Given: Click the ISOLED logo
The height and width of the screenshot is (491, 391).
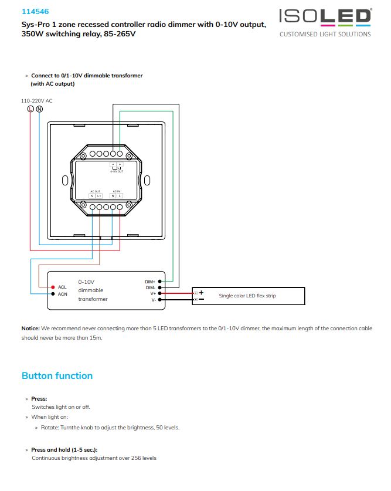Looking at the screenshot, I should click(325, 16).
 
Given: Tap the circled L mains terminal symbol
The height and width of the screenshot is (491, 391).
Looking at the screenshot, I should click(30, 109).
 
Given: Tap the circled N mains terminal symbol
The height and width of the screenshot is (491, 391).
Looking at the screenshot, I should click(39, 109).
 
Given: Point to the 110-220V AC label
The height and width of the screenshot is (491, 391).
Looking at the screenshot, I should click(36, 101).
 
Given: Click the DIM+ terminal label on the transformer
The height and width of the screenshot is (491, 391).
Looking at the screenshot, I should click(150, 282).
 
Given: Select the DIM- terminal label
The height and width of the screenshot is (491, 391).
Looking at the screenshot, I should click(150, 287).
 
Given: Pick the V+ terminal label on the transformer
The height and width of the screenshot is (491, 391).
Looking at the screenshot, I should click(152, 293).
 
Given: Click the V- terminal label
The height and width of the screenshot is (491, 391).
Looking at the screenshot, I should click(152, 300).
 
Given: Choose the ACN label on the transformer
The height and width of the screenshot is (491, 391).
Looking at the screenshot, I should click(63, 294).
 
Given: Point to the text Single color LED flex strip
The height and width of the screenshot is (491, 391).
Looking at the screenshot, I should click(247, 296).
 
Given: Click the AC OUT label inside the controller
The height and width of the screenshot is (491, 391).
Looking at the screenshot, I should click(96, 191).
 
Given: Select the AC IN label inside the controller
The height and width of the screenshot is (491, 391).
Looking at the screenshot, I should click(116, 191).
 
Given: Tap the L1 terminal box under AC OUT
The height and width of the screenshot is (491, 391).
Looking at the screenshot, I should click(99, 195).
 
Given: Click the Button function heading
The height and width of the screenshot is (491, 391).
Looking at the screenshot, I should click(57, 375).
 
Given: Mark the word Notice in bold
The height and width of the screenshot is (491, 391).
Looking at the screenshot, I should click(30, 329).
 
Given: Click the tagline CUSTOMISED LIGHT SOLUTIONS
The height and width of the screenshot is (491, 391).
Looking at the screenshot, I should click(325, 34).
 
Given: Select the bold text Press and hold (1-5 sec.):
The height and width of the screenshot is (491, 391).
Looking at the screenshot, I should click(64, 449).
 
